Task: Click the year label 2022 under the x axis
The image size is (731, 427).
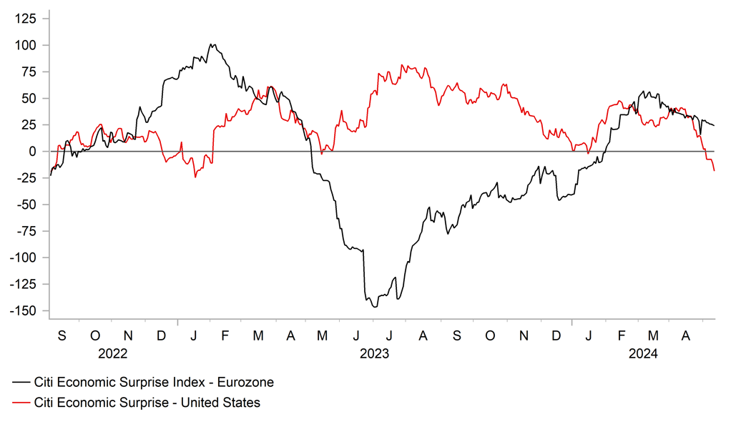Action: click(x=113, y=353)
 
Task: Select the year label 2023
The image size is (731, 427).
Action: click(x=374, y=353)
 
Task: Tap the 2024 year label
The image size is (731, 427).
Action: click(x=643, y=353)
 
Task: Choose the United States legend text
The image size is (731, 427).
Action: click(x=147, y=403)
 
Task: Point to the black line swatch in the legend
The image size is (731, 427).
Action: click(x=21, y=383)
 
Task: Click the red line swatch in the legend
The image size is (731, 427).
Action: click(x=21, y=403)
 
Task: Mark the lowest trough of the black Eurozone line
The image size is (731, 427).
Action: click(x=374, y=307)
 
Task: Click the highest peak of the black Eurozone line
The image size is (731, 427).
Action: click(x=212, y=44)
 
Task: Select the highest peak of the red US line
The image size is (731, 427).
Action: click(x=403, y=65)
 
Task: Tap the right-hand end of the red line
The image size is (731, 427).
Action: click(x=714, y=170)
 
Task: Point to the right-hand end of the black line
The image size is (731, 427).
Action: click(x=714, y=126)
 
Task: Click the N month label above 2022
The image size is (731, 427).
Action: click(x=128, y=335)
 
